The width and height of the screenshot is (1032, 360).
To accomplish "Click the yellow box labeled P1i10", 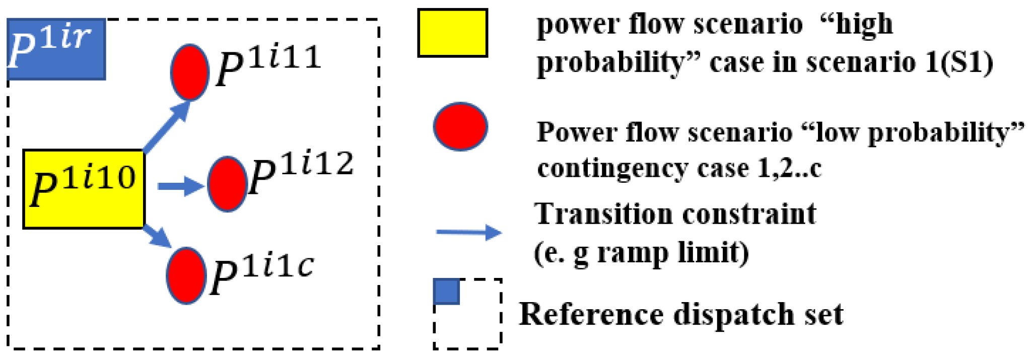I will coord(84,189).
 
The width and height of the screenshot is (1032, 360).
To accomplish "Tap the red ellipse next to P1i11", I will coord(190,72).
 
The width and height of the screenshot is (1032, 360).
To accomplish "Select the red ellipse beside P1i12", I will coord(227,184).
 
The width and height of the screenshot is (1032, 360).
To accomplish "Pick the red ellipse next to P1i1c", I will coord(186,275).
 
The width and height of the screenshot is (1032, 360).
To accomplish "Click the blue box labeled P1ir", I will coord(56,49).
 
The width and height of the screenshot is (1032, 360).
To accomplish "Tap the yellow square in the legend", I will coord(452,33).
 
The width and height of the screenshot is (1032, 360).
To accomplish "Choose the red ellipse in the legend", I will coord(460,126).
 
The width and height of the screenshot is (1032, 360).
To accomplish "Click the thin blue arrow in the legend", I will coord(468,232).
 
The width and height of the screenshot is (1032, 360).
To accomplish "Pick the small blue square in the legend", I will coord(447,292).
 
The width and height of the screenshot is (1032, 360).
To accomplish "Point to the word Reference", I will coord(591,314).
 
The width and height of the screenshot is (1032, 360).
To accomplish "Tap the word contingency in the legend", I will coord(612,168).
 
